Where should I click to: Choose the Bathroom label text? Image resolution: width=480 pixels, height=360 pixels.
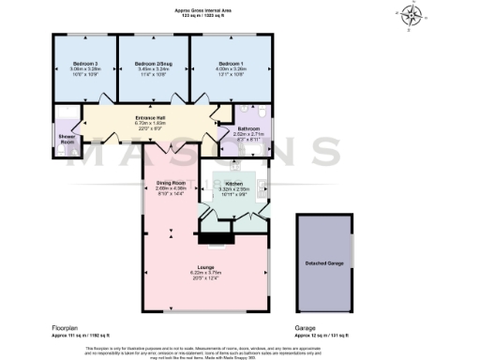coord(248,127)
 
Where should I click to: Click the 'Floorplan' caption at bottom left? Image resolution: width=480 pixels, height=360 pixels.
coord(64,327)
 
